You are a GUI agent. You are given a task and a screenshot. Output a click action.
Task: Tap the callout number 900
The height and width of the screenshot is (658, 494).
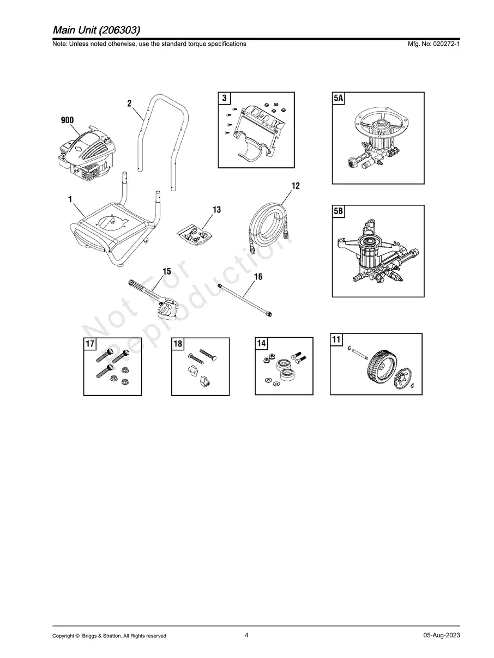pos(68,120)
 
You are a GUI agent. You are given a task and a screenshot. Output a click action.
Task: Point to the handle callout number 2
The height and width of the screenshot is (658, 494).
pos(129,103)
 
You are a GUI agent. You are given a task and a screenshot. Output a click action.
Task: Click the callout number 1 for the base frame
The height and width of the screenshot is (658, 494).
pos(70,200)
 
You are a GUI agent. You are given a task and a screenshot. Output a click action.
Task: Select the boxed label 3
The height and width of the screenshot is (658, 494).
pos(224,99)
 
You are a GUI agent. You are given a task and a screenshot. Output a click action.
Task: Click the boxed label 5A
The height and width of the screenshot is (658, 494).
pos(339,99)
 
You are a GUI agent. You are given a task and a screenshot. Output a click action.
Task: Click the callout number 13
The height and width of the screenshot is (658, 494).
pos(217,210)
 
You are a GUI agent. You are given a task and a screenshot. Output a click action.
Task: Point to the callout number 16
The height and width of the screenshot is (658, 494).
pos(258,277)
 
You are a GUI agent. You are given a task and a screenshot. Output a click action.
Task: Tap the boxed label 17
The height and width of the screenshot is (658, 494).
pos(90,344)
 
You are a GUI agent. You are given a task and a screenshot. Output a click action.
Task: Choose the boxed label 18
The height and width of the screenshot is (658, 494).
pos(178,344)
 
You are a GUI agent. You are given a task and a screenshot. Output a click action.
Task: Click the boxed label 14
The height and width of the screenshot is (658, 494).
pos(262,343)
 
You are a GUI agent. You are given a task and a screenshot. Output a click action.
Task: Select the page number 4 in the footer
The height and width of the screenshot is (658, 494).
pos(246,635)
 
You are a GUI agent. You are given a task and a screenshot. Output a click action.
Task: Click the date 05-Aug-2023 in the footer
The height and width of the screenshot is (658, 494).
pos(442,636)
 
